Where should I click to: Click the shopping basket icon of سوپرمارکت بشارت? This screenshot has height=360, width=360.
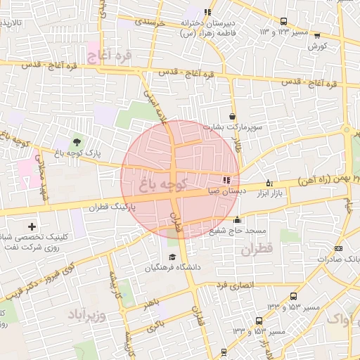pos(233,116)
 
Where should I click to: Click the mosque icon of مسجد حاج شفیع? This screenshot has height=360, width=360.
pos(237,219)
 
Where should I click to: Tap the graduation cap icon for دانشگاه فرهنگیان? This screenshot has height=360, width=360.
pos(172,256)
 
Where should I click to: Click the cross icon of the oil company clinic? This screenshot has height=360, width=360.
pos(32,227)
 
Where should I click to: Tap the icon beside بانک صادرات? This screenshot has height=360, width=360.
pos(337,247)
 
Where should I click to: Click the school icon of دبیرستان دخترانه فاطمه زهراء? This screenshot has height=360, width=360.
pos(207,12)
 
